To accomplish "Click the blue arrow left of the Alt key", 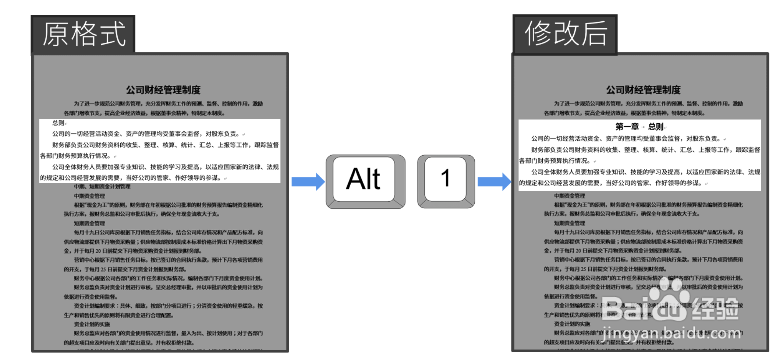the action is [308, 181].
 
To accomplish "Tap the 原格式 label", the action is [84, 34].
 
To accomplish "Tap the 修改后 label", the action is [566, 34].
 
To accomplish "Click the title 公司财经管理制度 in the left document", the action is [163, 90].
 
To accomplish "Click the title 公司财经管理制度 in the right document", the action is [643, 90].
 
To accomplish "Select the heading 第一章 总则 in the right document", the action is [639, 127].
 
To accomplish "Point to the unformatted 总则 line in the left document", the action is [59, 123].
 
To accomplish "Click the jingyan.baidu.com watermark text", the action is [672, 333].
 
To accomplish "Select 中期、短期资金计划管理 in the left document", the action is [102, 187].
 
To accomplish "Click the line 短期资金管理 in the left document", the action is [89, 223].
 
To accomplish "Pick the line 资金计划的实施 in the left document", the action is [92, 324].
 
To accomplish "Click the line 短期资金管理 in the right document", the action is [569, 223].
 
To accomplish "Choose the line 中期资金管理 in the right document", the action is [569, 196].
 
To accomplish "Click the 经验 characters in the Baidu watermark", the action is [716, 308].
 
